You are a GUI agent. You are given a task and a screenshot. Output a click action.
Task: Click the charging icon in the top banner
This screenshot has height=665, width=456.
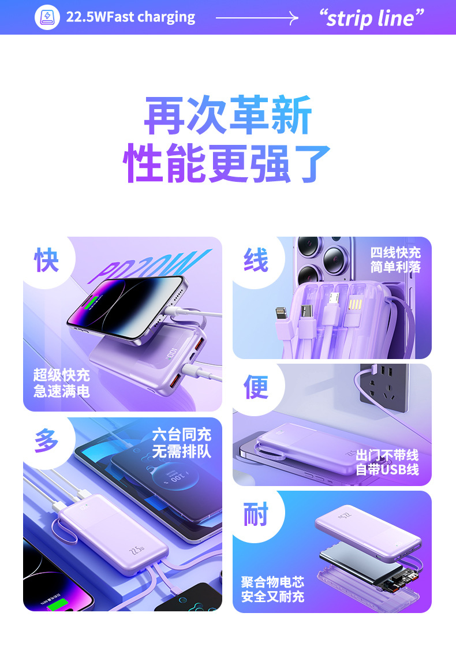coord(47,17)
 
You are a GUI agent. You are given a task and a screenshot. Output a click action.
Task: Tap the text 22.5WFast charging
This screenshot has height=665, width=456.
coord(130,17)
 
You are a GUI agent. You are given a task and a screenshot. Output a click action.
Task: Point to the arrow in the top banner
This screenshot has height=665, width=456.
coord(257,18)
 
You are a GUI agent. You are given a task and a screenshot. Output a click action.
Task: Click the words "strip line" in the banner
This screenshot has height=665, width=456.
coord(371,18)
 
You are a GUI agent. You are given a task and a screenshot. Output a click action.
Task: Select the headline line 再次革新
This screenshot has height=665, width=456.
coord(228,115)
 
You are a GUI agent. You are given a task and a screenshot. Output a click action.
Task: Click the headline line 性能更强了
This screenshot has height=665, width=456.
coord(227,163)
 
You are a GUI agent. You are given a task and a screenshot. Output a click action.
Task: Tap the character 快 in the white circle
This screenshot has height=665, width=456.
coord(46,260)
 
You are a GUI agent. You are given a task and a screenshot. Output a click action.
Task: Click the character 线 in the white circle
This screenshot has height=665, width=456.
coord(256,260)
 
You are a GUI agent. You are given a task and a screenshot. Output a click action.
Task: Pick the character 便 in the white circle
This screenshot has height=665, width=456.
coord(256,387)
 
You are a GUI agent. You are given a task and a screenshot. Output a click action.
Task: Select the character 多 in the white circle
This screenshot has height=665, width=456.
coord(46,440)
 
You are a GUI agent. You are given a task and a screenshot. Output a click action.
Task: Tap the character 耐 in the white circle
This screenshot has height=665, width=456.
coord(256,514)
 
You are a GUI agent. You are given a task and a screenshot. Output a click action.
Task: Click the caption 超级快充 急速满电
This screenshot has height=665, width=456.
coord(62,383)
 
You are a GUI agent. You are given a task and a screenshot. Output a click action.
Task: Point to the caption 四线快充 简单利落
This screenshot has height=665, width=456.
coord(395,260)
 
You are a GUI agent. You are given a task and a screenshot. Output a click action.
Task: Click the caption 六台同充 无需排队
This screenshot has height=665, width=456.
coord(182,443)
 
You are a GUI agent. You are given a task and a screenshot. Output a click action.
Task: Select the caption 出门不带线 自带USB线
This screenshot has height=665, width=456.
coord(387,462)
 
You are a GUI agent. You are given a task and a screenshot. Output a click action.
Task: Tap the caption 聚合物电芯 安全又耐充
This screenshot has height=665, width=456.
coord(273,589)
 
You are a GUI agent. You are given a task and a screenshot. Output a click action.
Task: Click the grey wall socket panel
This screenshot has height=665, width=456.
coord(384,387)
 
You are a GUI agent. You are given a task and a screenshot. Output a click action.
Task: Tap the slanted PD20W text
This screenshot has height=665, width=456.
coord(149,266)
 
